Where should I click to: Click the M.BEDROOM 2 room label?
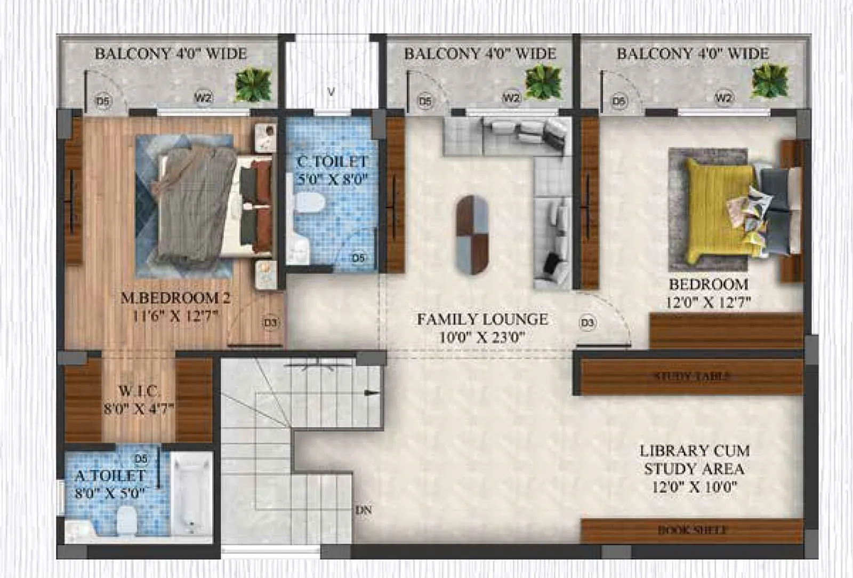[x=175, y=298]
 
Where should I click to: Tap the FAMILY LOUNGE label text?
[x=482, y=320]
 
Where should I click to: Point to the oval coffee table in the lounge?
[x=472, y=235]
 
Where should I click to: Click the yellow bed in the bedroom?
[x=720, y=211]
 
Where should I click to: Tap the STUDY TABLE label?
[x=691, y=376]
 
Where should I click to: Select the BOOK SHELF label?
[x=691, y=530]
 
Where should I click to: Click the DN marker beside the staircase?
[x=364, y=511]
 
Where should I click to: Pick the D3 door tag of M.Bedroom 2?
[x=270, y=323]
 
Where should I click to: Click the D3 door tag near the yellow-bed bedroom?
[x=587, y=323]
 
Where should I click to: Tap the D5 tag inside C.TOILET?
[x=358, y=258]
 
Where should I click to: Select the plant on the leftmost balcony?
[x=253, y=84]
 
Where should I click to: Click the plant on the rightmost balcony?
[x=769, y=82]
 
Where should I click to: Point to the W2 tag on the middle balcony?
[x=511, y=98]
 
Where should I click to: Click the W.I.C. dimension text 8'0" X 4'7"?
[x=139, y=409]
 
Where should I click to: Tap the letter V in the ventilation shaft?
[x=331, y=92]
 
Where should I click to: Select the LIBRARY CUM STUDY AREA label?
[x=694, y=460]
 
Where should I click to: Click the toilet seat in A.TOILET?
[x=126, y=519]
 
